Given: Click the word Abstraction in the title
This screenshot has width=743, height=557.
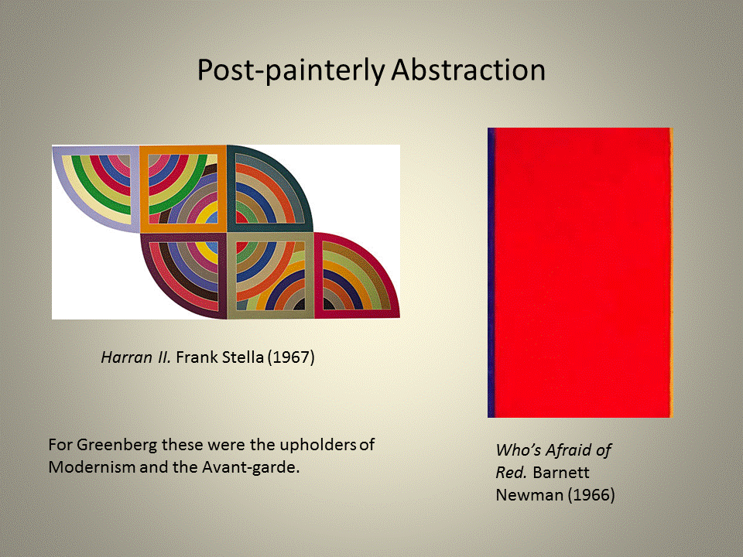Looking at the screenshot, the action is [468, 70].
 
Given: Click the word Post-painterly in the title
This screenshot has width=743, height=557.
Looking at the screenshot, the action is [291, 71].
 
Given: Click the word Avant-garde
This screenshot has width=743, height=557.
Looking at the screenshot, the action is [251, 468].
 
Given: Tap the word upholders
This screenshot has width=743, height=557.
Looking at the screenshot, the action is [317, 446].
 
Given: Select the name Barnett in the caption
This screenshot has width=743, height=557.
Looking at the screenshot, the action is [561, 473].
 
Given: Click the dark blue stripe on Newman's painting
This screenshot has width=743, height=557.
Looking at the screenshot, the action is [491, 272].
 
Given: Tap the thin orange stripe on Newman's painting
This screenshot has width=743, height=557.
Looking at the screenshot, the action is [671, 272].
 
